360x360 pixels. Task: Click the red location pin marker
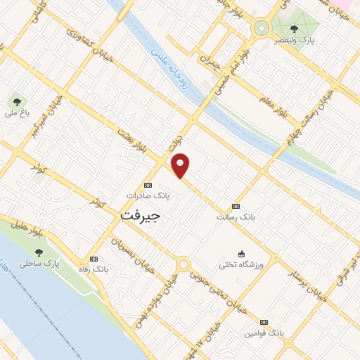click(181, 165)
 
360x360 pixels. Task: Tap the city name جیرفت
click(141, 215)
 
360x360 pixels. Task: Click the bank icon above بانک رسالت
click(236, 206)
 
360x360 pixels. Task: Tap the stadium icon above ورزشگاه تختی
click(242, 254)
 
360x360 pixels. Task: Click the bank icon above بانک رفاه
click(94, 259)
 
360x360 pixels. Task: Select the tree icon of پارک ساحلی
click(39, 252)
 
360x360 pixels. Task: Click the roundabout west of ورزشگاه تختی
click(184, 264)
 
